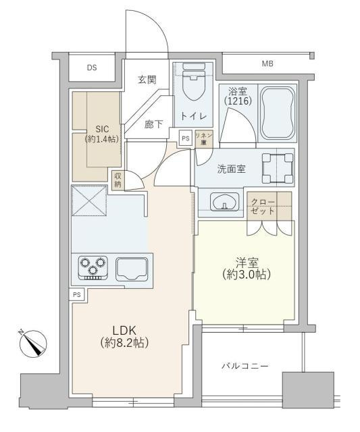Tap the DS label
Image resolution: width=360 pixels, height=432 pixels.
[91, 67]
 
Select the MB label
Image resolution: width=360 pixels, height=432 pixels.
[268, 64]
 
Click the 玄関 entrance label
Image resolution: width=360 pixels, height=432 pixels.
[147, 80]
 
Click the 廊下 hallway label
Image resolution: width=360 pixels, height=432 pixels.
[154, 124]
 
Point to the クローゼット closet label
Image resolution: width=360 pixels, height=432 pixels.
[262, 206]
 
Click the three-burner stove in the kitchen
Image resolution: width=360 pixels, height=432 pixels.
[93, 267]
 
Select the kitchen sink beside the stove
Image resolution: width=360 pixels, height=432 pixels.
[131, 268]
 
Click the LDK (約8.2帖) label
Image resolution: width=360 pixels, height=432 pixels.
[126, 336]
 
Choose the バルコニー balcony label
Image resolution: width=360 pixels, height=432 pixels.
[245, 366]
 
